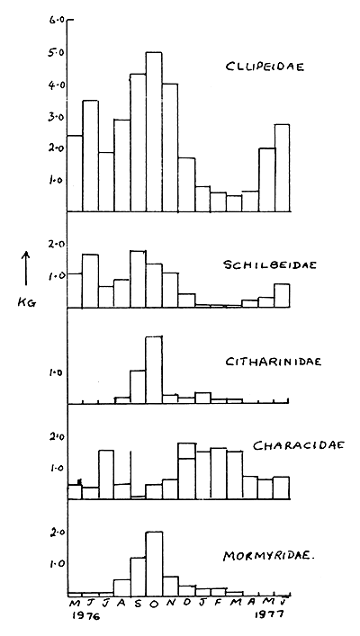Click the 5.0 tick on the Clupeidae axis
55,53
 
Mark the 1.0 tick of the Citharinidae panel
55,372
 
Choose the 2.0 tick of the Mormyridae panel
55,532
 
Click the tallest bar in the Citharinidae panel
154,369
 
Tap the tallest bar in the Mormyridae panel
154,562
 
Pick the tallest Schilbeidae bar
138,279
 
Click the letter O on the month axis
154,604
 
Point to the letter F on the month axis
219,604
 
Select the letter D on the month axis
187,604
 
